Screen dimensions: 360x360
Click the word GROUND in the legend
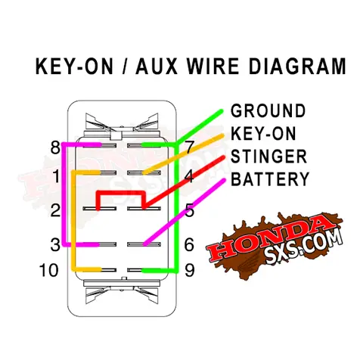(x=268, y=111)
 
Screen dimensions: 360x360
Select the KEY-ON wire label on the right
(x=263, y=133)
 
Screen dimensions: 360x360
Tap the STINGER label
(x=269, y=157)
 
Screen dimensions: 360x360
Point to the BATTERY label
(x=270, y=179)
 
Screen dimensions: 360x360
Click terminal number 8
(x=56, y=147)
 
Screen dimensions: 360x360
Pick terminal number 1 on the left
(x=56, y=176)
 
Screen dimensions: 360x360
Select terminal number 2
(x=56, y=210)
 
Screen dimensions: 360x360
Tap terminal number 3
(x=56, y=244)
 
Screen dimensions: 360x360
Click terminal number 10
(x=49, y=270)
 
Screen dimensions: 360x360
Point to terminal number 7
(x=190, y=147)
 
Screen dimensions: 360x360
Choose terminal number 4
(x=190, y=176)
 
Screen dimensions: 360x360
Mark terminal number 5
(x=190, y=210)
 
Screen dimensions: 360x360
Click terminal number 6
(x=189, y=244)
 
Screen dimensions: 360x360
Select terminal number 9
(x=190, y=270)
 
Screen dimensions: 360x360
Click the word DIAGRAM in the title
(x=298, y=67)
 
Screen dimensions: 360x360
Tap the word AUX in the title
(x=157, y=67)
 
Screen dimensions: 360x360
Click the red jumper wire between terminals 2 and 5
(x=121, y=193)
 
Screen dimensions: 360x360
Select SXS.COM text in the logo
(x=305, y=248)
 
